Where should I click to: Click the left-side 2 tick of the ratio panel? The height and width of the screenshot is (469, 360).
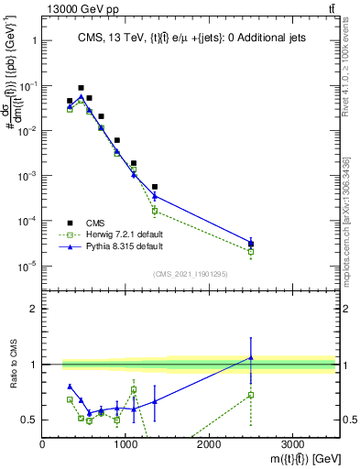[35, 309]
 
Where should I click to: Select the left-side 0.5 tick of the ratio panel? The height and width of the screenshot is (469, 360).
[32, 420]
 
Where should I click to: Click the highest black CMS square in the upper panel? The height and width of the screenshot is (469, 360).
[81, 88]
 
